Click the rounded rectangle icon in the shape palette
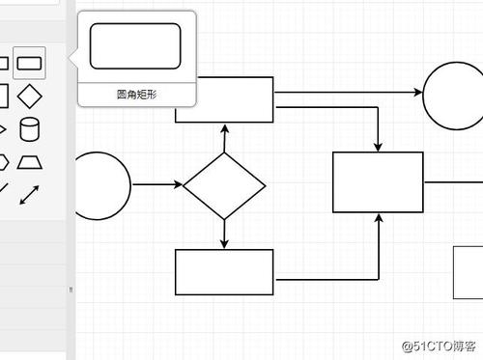point(30,64)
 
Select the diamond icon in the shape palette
point(30,96)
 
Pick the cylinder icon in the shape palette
point(30,128)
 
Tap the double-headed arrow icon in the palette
point(30,192)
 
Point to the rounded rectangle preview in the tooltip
point(135,46)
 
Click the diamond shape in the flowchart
point(224,184)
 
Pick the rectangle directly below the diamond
point(224,271)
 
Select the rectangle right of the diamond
point(378,181)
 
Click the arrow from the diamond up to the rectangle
point(224,137)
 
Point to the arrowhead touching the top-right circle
point(417,94)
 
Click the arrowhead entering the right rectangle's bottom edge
point(378,218)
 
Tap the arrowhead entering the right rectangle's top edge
point(378,146)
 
